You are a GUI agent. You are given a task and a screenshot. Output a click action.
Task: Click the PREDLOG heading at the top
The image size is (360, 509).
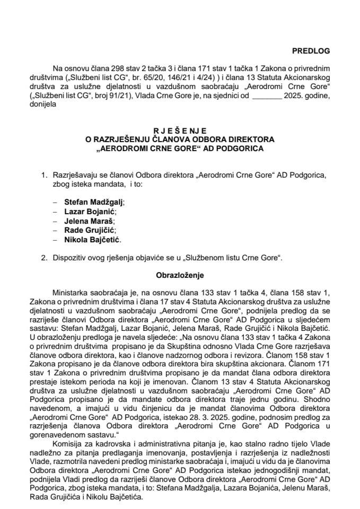click(310, 51)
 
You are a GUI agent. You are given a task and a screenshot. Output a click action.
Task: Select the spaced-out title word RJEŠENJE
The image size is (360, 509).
click(180, 130)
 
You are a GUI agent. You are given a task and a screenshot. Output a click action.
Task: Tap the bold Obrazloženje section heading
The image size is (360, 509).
click(180, 276)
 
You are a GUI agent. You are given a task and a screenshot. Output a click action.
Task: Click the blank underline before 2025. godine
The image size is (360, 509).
click(267, 96)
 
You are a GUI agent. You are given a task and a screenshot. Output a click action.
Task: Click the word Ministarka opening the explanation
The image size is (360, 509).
click(71, 293)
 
